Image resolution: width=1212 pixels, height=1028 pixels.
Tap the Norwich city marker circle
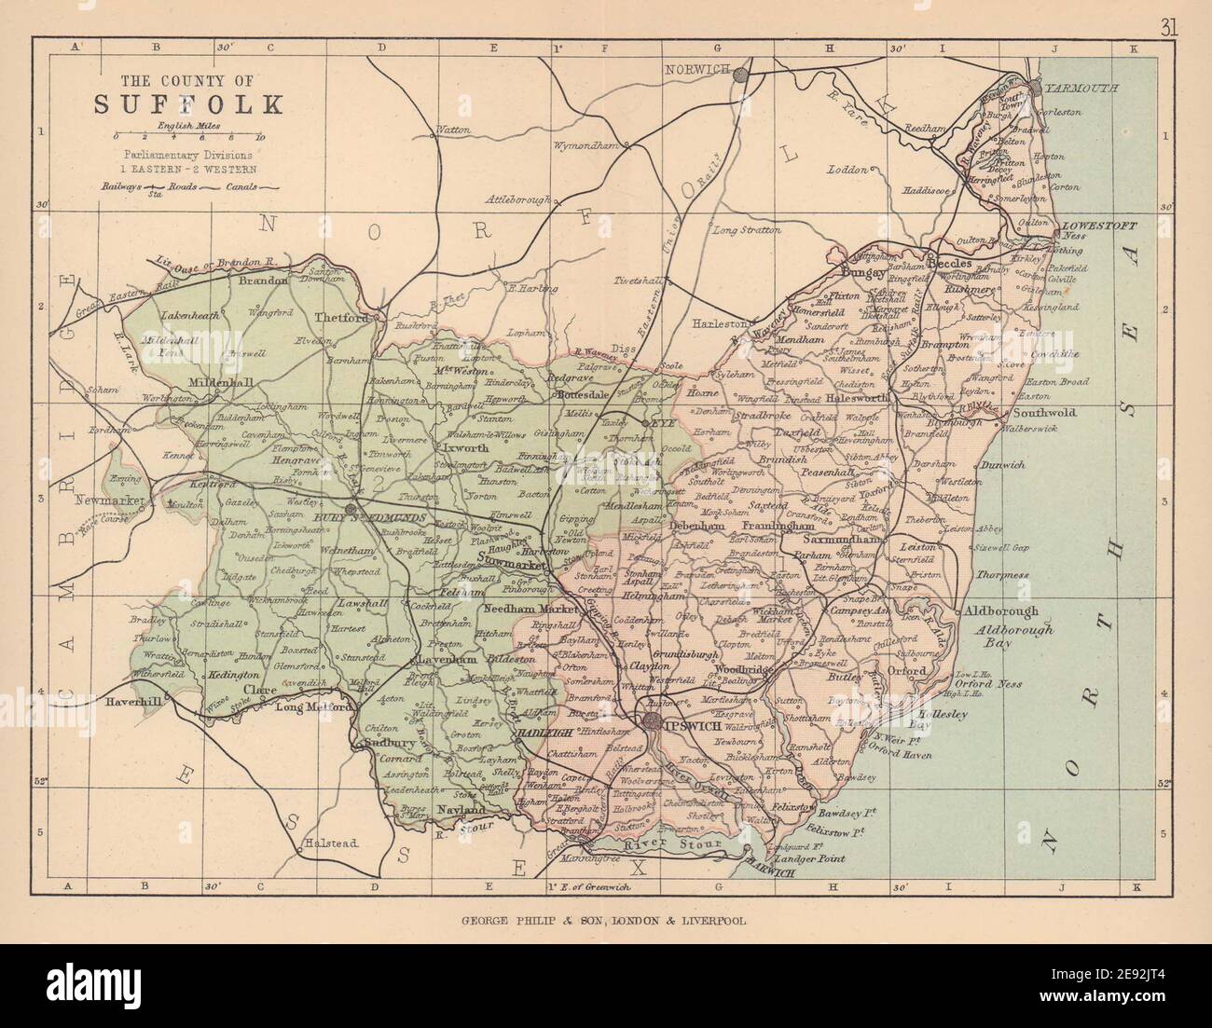pyautogui.click(x=741, y=75)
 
